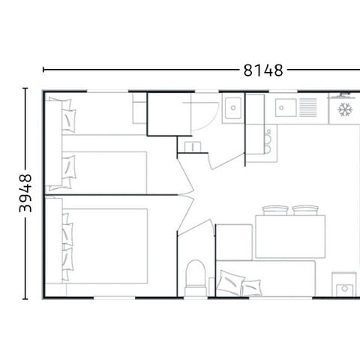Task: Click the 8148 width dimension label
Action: (262, 70)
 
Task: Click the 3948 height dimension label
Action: (25, 194)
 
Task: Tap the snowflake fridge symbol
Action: (345, 110)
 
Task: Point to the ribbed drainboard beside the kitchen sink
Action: (308, 108)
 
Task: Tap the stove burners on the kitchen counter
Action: (267, 139)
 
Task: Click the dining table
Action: (289, 236)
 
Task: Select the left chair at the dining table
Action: (275, 211)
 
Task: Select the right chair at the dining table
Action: (305, 211)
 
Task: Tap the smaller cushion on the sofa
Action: (251, 287)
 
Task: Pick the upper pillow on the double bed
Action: (68, 228)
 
